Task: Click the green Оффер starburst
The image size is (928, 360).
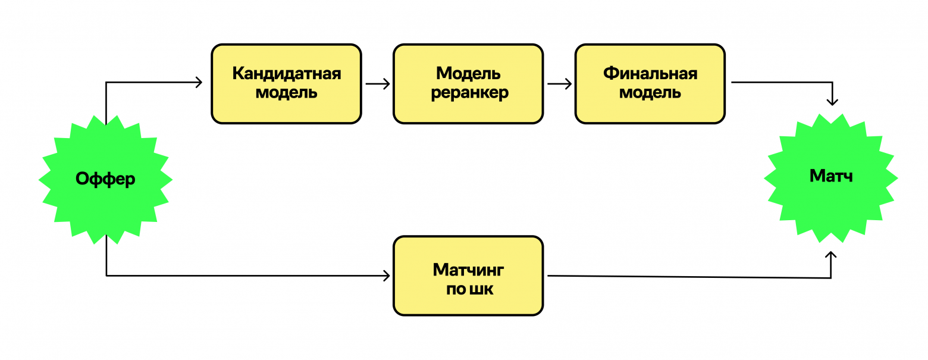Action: point(105,179)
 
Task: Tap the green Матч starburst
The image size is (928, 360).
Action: point(830,177)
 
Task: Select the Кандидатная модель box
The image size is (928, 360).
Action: point(286,83)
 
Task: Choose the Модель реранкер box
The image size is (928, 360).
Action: point(468,83)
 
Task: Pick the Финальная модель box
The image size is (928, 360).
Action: point(650,83)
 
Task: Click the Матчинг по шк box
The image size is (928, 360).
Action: point(468,276)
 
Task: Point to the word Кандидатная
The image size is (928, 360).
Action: point(286,74)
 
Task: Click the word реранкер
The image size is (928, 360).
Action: point(469,93)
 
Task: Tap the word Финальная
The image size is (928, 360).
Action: point(650,74)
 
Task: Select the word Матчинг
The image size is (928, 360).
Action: point(469,270)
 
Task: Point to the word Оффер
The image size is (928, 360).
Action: point(105,179)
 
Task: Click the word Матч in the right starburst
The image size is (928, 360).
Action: point(830,176)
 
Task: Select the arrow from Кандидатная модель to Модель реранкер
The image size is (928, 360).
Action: point(377,84)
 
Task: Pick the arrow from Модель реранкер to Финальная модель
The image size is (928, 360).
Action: point(559,84)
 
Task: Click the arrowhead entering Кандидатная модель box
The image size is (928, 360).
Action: point(199,83)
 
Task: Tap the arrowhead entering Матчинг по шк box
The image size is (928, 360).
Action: point(387,276)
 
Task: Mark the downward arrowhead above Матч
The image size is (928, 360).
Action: point(832,101)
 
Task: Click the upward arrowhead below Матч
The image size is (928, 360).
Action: point(831,255)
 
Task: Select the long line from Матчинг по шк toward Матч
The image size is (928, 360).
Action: point(684,277)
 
